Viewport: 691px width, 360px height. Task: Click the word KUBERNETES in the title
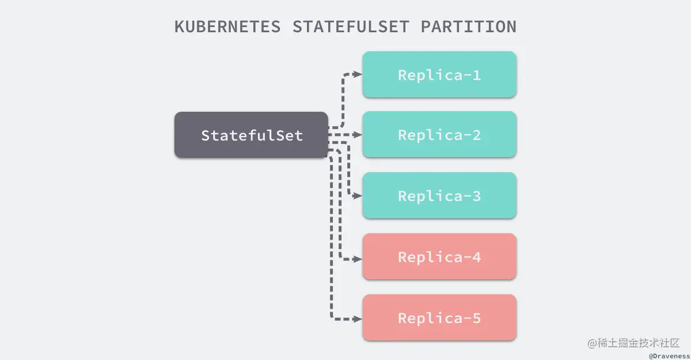coord(229,27)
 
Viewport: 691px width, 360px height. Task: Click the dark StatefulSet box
coord(251,135)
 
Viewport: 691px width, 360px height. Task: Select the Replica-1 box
coord(439,75)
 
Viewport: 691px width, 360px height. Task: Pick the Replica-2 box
coord(439,135)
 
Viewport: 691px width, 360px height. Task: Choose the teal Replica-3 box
coord(439,196)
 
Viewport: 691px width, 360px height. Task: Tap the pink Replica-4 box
coord(439,257)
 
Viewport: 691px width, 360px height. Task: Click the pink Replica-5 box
coord(439,318)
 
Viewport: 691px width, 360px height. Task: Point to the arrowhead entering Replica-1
coord(358,74)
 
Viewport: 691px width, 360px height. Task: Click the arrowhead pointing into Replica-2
coord(358,135)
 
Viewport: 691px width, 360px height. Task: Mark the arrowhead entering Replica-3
coord(358,196)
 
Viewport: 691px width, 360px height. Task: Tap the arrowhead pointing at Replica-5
coord(358,318)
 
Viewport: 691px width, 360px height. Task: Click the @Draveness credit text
coord(669,355)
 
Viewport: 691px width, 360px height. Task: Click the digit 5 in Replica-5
coord(476,318)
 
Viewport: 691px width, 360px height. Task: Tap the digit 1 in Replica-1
coord(476,75)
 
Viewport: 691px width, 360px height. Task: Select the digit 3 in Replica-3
coord(476,196)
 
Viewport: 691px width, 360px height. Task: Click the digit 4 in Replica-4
coord(476,257)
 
